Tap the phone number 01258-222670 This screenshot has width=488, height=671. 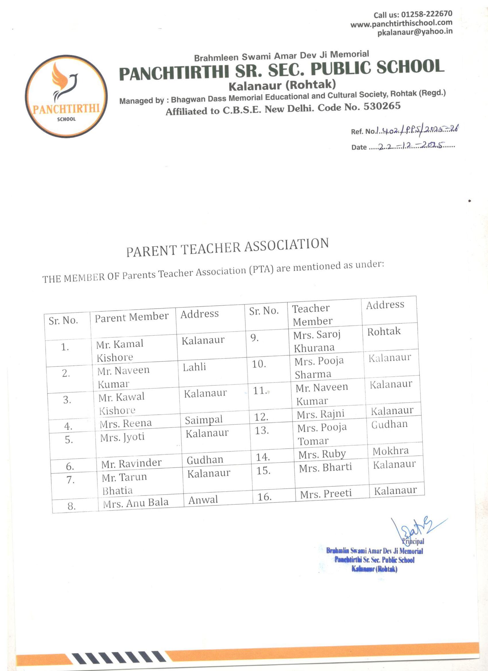tap(426, 14)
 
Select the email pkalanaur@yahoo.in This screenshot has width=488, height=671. tap(415, 32)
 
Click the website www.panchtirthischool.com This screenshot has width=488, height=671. tap(401, 23)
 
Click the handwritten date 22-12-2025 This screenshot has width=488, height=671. tap(411, 146)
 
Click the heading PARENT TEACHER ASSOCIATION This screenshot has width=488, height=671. tap(227, 247)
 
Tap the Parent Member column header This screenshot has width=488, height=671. tap(132, 317)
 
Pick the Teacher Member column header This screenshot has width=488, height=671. tap(312, 315)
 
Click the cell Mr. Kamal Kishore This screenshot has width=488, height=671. tap(119, 350)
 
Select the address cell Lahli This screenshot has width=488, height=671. tap(194, 367)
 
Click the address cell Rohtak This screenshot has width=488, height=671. tap(384, 332)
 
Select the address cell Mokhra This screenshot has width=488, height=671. tap(390, 451)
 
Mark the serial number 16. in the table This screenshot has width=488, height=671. tap(264, 497)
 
